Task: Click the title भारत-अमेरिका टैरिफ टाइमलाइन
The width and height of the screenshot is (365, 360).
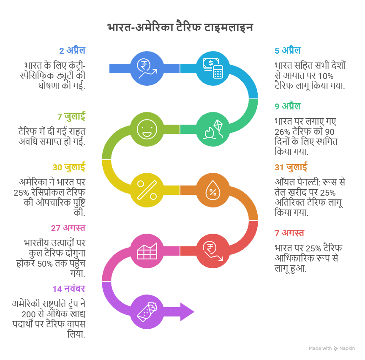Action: tap(180, 28)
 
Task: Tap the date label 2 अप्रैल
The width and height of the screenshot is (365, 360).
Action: tap(72, 51)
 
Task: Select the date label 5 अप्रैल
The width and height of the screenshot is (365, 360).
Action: tap(287, 51)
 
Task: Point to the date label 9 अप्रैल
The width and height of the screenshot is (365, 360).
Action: tap(287, 106)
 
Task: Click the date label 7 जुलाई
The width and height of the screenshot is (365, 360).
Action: tap(71, 116)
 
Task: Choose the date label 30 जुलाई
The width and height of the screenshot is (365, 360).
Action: tap(69, 167)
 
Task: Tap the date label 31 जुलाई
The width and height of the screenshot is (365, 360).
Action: tap(291, 167)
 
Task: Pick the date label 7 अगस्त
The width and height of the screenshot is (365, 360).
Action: tap(289, 233)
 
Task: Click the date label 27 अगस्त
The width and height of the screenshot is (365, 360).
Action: tap(68, 228)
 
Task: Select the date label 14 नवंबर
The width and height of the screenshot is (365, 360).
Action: tap(69, 289)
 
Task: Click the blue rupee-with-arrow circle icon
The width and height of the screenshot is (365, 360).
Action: tap(147, 68)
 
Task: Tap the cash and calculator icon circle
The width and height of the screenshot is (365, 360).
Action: tap(213, 68)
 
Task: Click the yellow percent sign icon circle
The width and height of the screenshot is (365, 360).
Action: tap(147, 190)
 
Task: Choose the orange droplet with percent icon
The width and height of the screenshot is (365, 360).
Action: tap(213, 190)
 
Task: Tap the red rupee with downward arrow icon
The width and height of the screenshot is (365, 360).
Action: tap(213, 251)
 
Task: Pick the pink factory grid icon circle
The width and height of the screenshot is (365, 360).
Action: tap(147, 251)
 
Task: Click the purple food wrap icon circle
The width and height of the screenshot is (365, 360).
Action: tap(147, 312)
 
